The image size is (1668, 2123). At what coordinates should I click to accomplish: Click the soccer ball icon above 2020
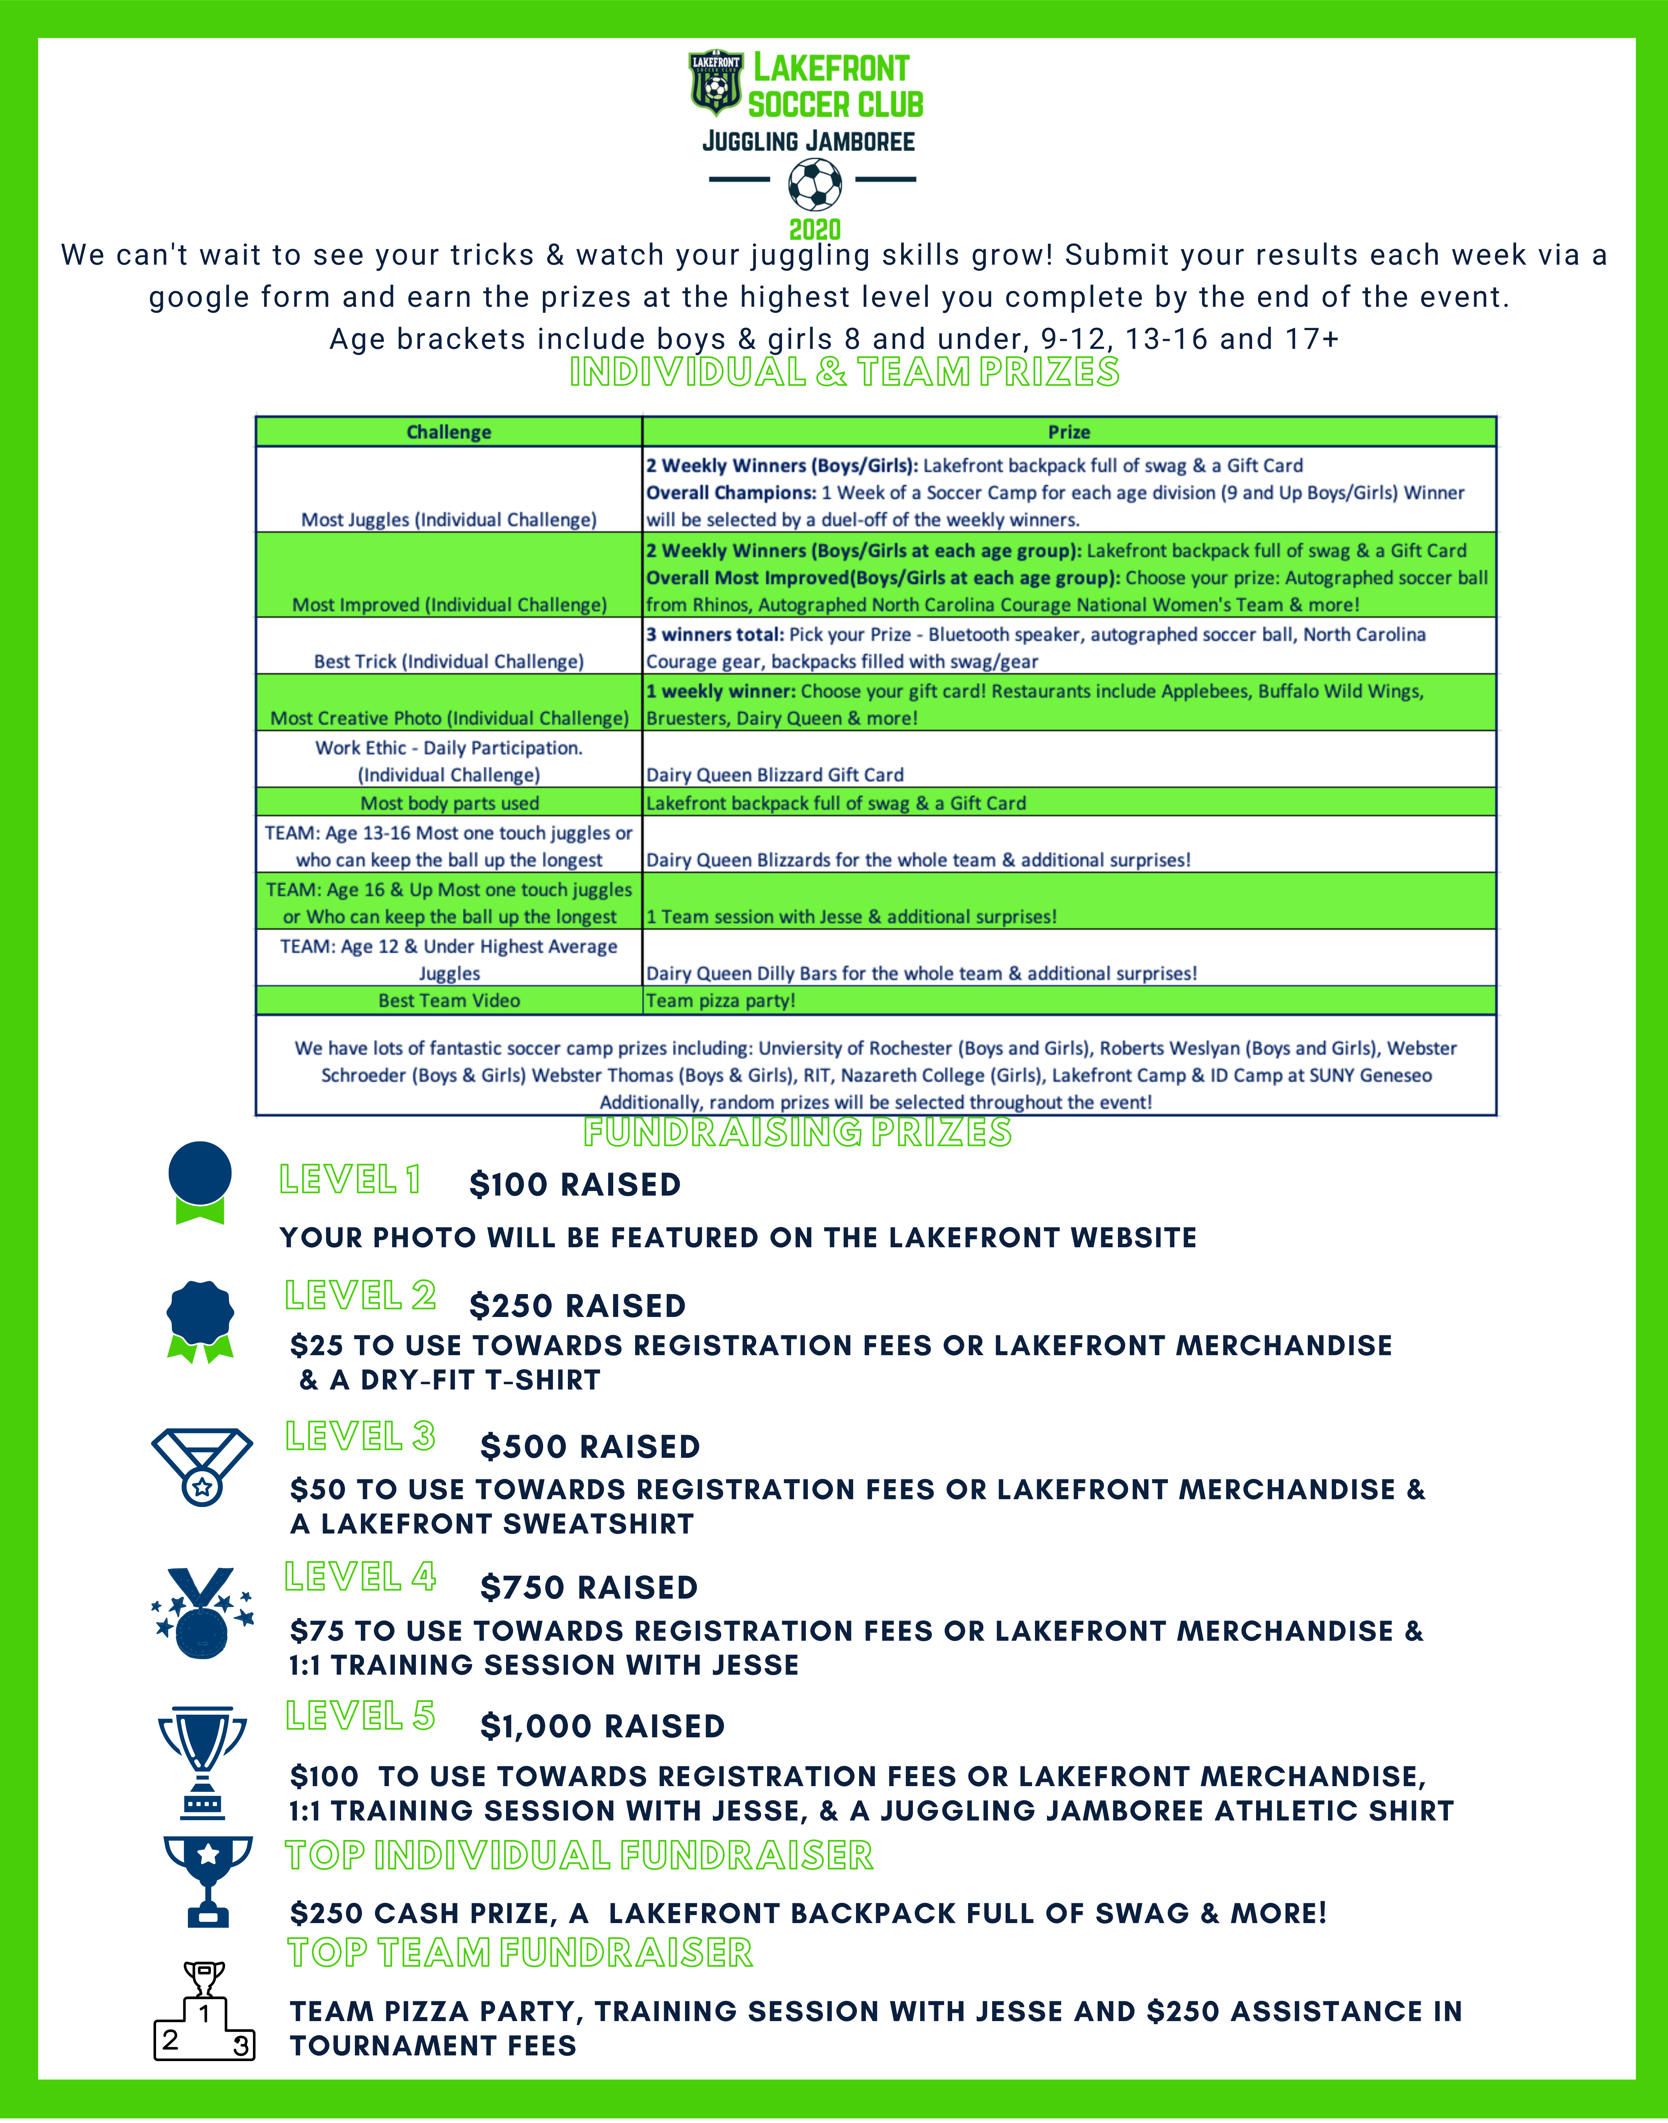pyautogui.click(x=815, y=184)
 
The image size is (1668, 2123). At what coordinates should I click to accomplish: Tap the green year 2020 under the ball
pyautogui.click(x=815, y=230)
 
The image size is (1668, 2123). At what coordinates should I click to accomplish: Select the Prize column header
pyautogui.click(x=1068, y=432)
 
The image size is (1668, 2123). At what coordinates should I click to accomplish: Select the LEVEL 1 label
pyautogui.click(x=350, y=1180)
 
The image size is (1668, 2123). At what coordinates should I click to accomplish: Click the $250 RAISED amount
pyautogui.click(x=577, y=1306)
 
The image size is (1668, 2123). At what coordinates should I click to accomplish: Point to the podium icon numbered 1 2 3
pyautogui.click(x=204, y=2015)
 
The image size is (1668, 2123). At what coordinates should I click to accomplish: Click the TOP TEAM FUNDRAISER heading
pyautogui.click(x=519, y=1952)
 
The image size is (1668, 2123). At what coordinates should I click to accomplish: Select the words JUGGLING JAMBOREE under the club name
pyautogui.click(x=809, y=142)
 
